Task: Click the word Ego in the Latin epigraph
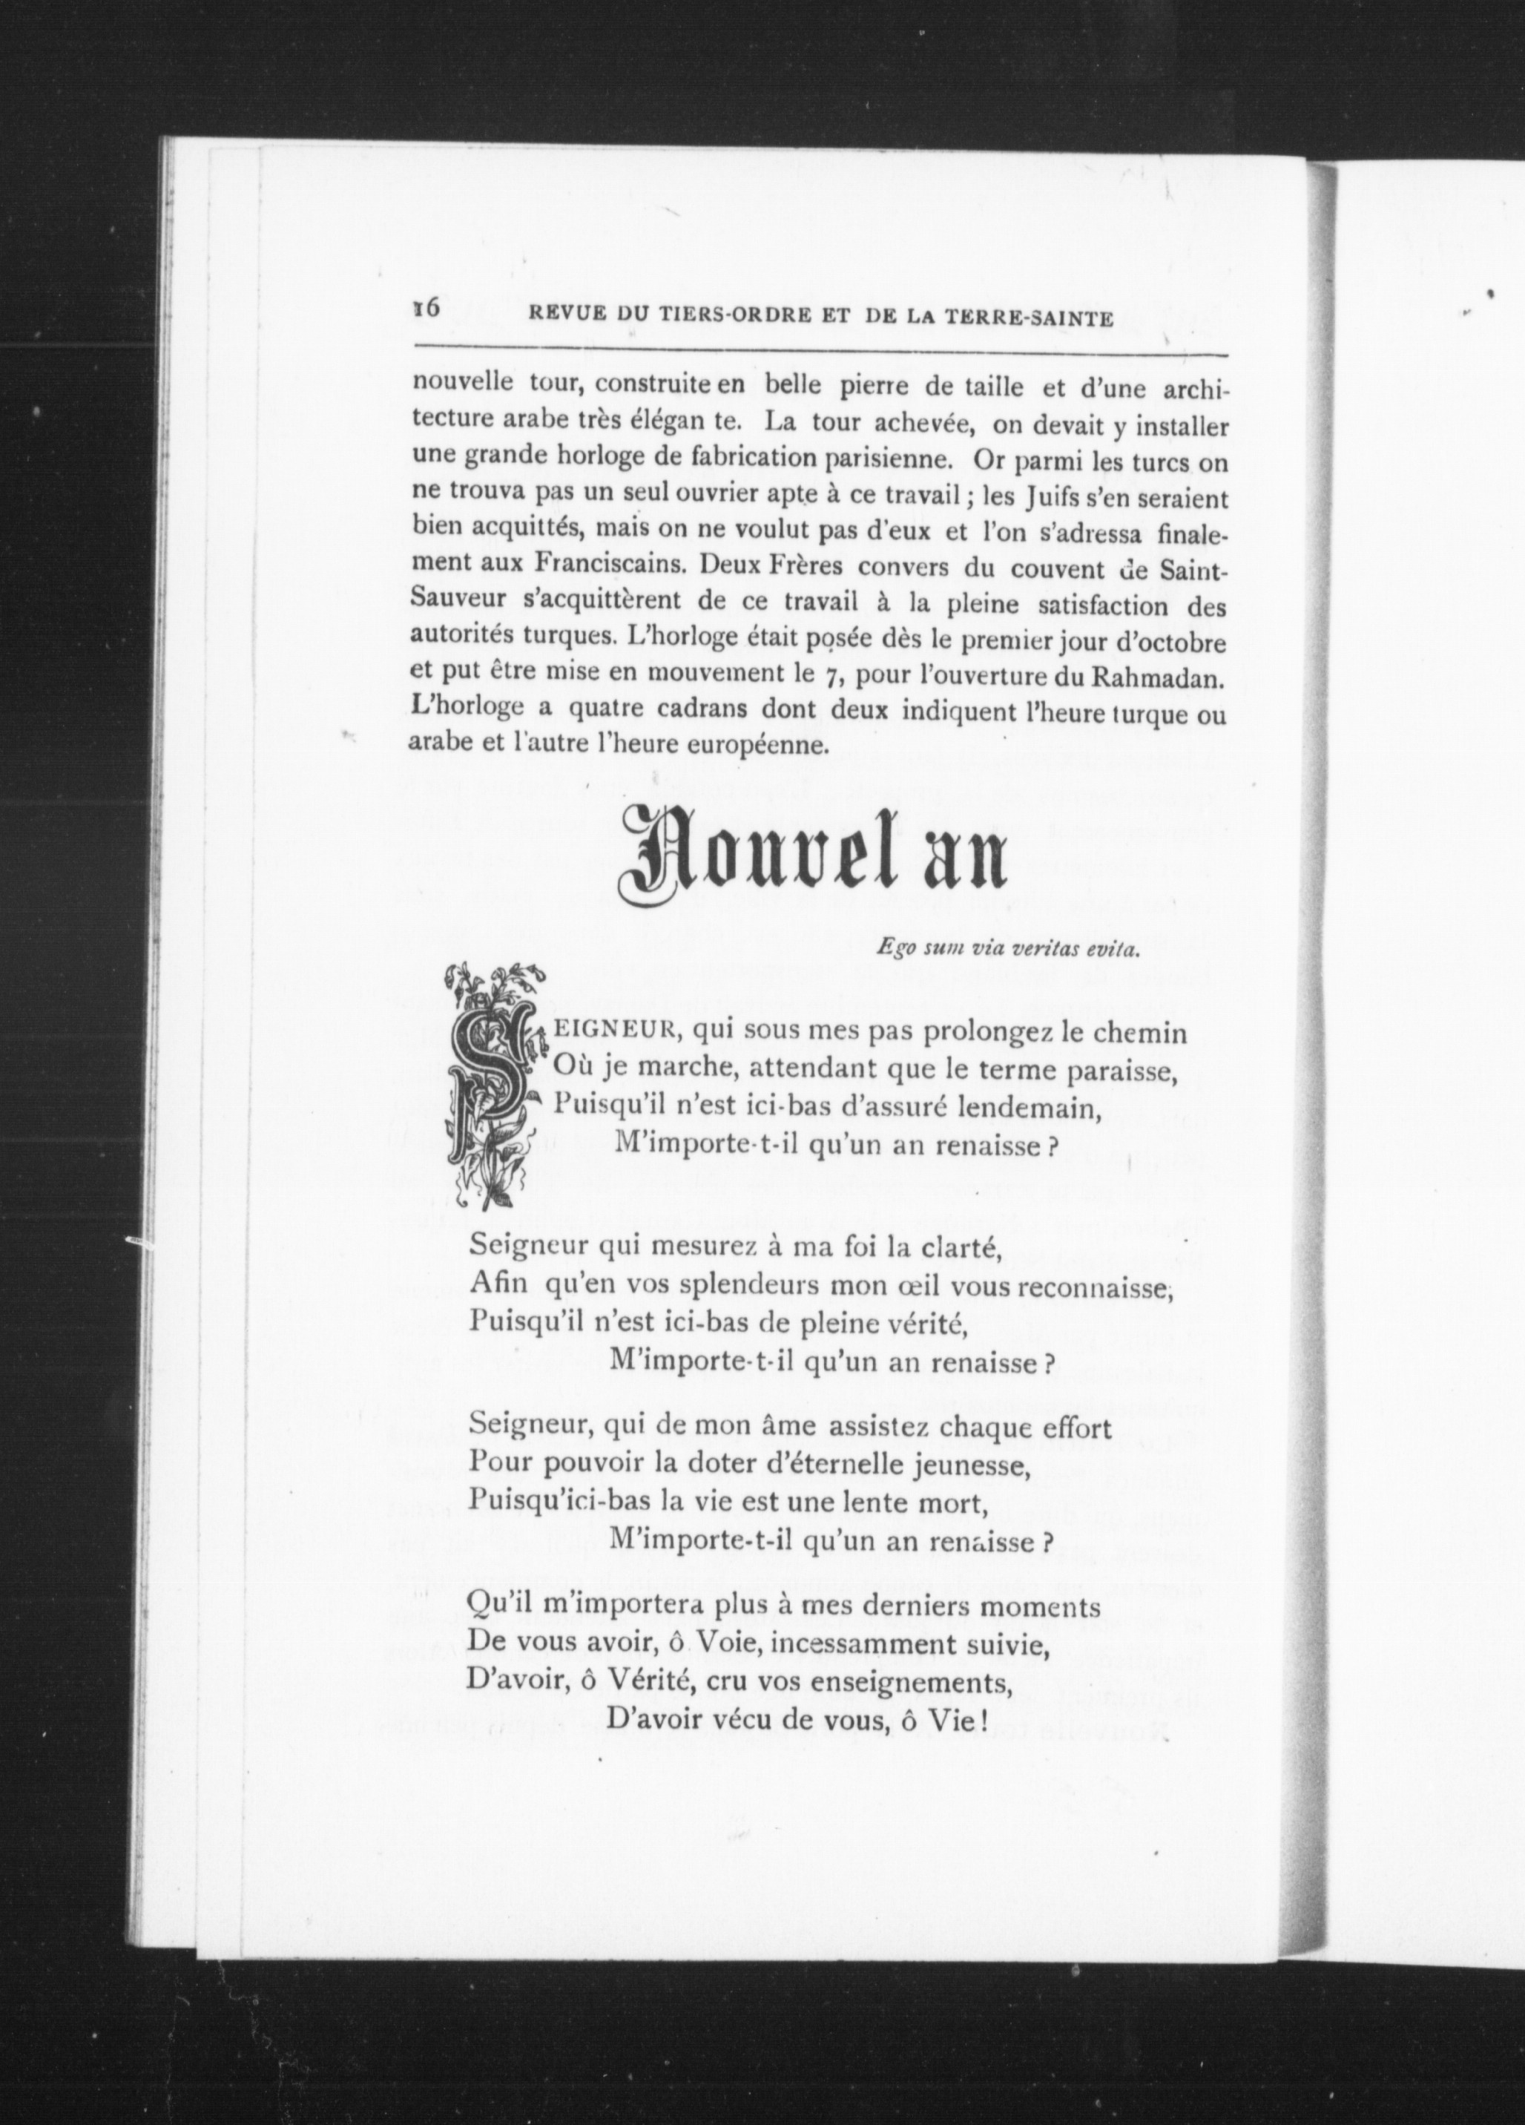890,949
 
